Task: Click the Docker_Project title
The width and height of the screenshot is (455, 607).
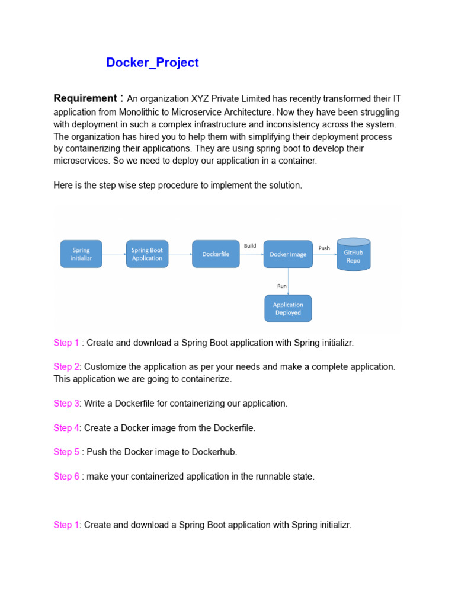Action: click(x=152, y=63)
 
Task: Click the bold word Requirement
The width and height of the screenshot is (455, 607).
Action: click(x=85, y=98)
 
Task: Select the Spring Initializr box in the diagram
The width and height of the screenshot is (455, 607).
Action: click(x=81, y=254)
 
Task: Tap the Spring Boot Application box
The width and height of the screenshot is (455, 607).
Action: click(x=147, y=254)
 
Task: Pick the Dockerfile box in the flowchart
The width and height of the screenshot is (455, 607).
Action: click(x=216, y=254)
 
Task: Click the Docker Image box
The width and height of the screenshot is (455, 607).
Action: click(x=288, y=254)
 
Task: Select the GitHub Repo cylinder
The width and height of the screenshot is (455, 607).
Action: click(x=353, y=255)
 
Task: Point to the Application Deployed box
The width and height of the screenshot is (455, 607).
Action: click(x=287, y=308)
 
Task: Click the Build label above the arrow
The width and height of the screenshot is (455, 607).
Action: click(x=250, y=245)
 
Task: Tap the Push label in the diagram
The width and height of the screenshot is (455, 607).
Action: click(x=324, y=248)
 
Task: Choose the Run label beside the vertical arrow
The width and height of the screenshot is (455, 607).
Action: click(x=282, y=286)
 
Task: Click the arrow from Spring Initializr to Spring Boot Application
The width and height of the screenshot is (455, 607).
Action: click(x=114, y=254)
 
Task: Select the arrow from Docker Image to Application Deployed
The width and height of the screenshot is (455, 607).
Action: click(x=289, y=281)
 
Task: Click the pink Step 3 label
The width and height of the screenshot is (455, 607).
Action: click(x=66, y=403)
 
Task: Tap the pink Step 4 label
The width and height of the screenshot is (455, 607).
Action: click(x=66, y=427)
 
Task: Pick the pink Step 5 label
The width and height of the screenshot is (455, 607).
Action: click(x=66, y=452)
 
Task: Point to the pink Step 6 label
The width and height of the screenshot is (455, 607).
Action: click(x=66, y=476)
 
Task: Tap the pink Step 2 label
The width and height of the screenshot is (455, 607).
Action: click(x=66, y=366)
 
